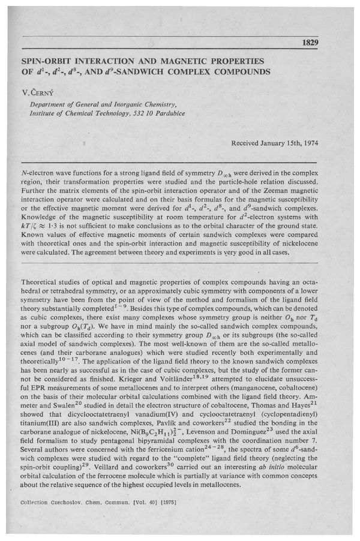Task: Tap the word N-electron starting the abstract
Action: point(40,172)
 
